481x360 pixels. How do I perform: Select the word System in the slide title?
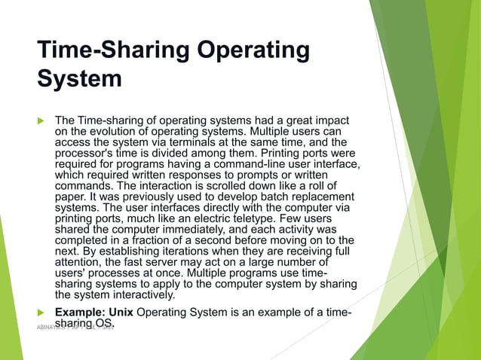(x=79, y=78)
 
